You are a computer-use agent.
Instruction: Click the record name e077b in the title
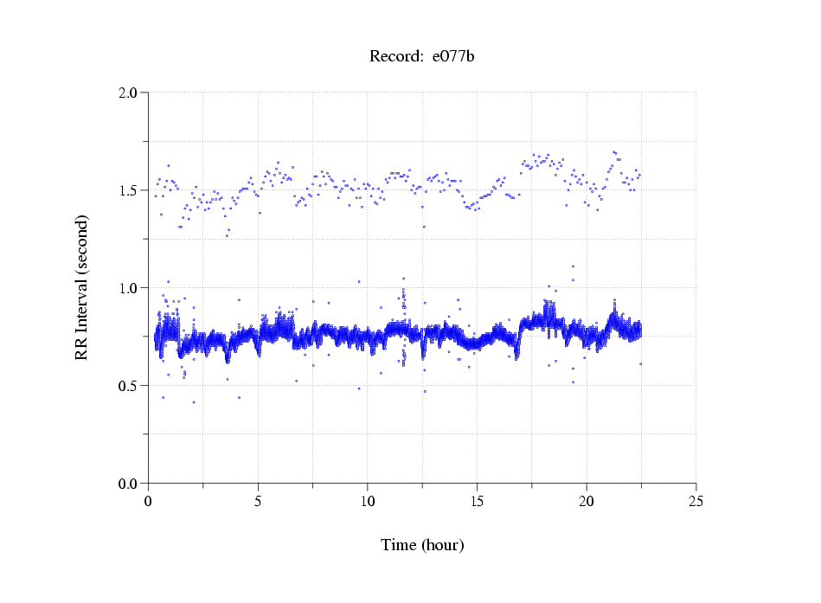(x=453, y=57)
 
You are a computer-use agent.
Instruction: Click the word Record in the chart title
(x=396, y=57)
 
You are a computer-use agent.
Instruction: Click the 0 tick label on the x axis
(x=148, y=501)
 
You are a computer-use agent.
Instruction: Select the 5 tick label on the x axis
(x=258, y=501)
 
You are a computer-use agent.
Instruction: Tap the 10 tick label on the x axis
(x=368, y=501)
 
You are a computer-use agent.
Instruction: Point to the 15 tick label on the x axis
(x=477, y=501)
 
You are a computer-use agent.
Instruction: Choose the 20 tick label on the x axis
(x=587, y=501)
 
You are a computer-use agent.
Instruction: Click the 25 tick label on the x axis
(x=696, y=501)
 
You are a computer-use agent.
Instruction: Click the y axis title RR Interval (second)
(x=81, y=287)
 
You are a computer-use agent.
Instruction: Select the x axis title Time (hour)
(x=422, y=545)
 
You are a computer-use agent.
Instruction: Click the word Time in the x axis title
(x=399, y=545)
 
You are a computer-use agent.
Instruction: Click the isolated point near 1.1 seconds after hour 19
(x=573, y=266)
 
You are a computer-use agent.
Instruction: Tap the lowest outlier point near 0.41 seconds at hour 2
(x=194, y=402)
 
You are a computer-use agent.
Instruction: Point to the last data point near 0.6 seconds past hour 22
(x=641, y=364)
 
